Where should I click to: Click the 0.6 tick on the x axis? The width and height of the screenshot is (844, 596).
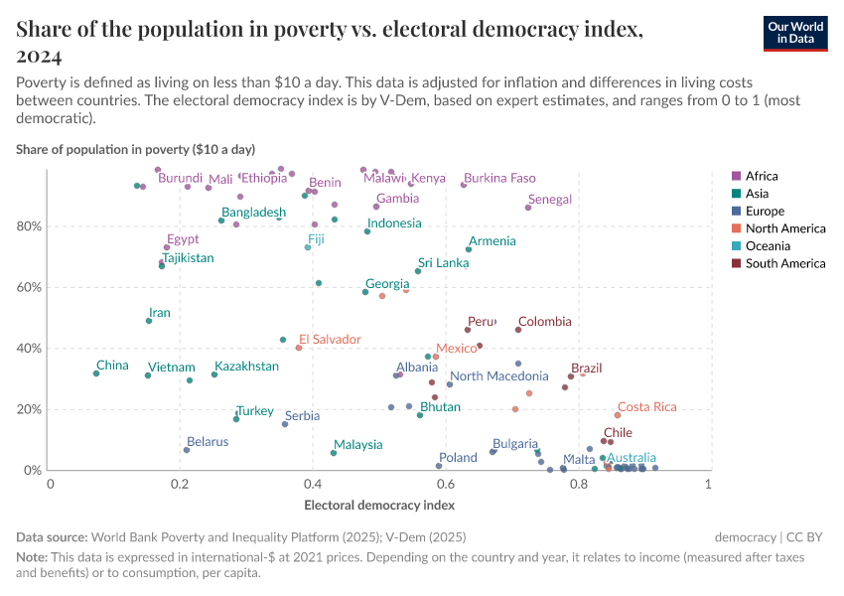tap(445, 484)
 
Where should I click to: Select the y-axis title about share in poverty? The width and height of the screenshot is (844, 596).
tap(135, 150)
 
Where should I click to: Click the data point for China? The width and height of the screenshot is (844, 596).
tap(96, 373)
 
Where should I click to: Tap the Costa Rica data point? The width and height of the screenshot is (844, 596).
tap(617, 415)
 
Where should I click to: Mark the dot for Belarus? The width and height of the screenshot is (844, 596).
tap(187, 450)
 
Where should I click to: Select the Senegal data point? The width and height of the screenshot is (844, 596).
tap(528, 208)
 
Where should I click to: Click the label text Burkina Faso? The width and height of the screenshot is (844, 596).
tap(499, 178)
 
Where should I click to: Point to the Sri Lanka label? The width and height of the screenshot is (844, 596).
tap(443, 263)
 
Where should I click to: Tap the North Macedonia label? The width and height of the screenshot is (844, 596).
tap(498, 376)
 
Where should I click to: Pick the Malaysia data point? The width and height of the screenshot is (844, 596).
tap(334, 453)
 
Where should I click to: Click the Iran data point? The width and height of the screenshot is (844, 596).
tap(149, 321)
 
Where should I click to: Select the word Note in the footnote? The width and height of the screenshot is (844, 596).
tap(32, 557)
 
